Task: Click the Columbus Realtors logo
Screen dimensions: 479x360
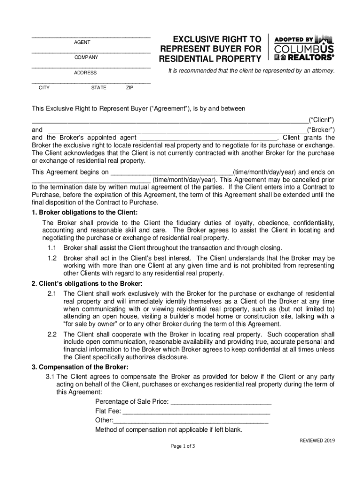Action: [304, 48]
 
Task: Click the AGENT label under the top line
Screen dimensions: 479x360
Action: [82, 43]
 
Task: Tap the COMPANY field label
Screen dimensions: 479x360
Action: [86, 58]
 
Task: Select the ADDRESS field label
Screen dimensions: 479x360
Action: [85, 73]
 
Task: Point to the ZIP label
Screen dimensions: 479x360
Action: [130, 87]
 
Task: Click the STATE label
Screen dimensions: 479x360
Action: [99, 87]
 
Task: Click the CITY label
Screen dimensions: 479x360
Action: [44, 87]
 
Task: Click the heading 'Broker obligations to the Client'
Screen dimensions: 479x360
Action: [85, 212]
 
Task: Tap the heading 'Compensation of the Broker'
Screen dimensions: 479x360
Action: [80, 367]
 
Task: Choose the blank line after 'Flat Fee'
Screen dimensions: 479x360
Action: [196, 411]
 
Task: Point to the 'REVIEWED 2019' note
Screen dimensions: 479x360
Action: [317, 441]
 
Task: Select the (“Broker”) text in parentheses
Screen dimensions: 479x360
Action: [320, 130]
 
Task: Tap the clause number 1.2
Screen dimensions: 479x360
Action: [52, 258]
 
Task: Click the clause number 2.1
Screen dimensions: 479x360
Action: [52, 293]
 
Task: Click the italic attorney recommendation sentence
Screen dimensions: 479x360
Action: [252, 71]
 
